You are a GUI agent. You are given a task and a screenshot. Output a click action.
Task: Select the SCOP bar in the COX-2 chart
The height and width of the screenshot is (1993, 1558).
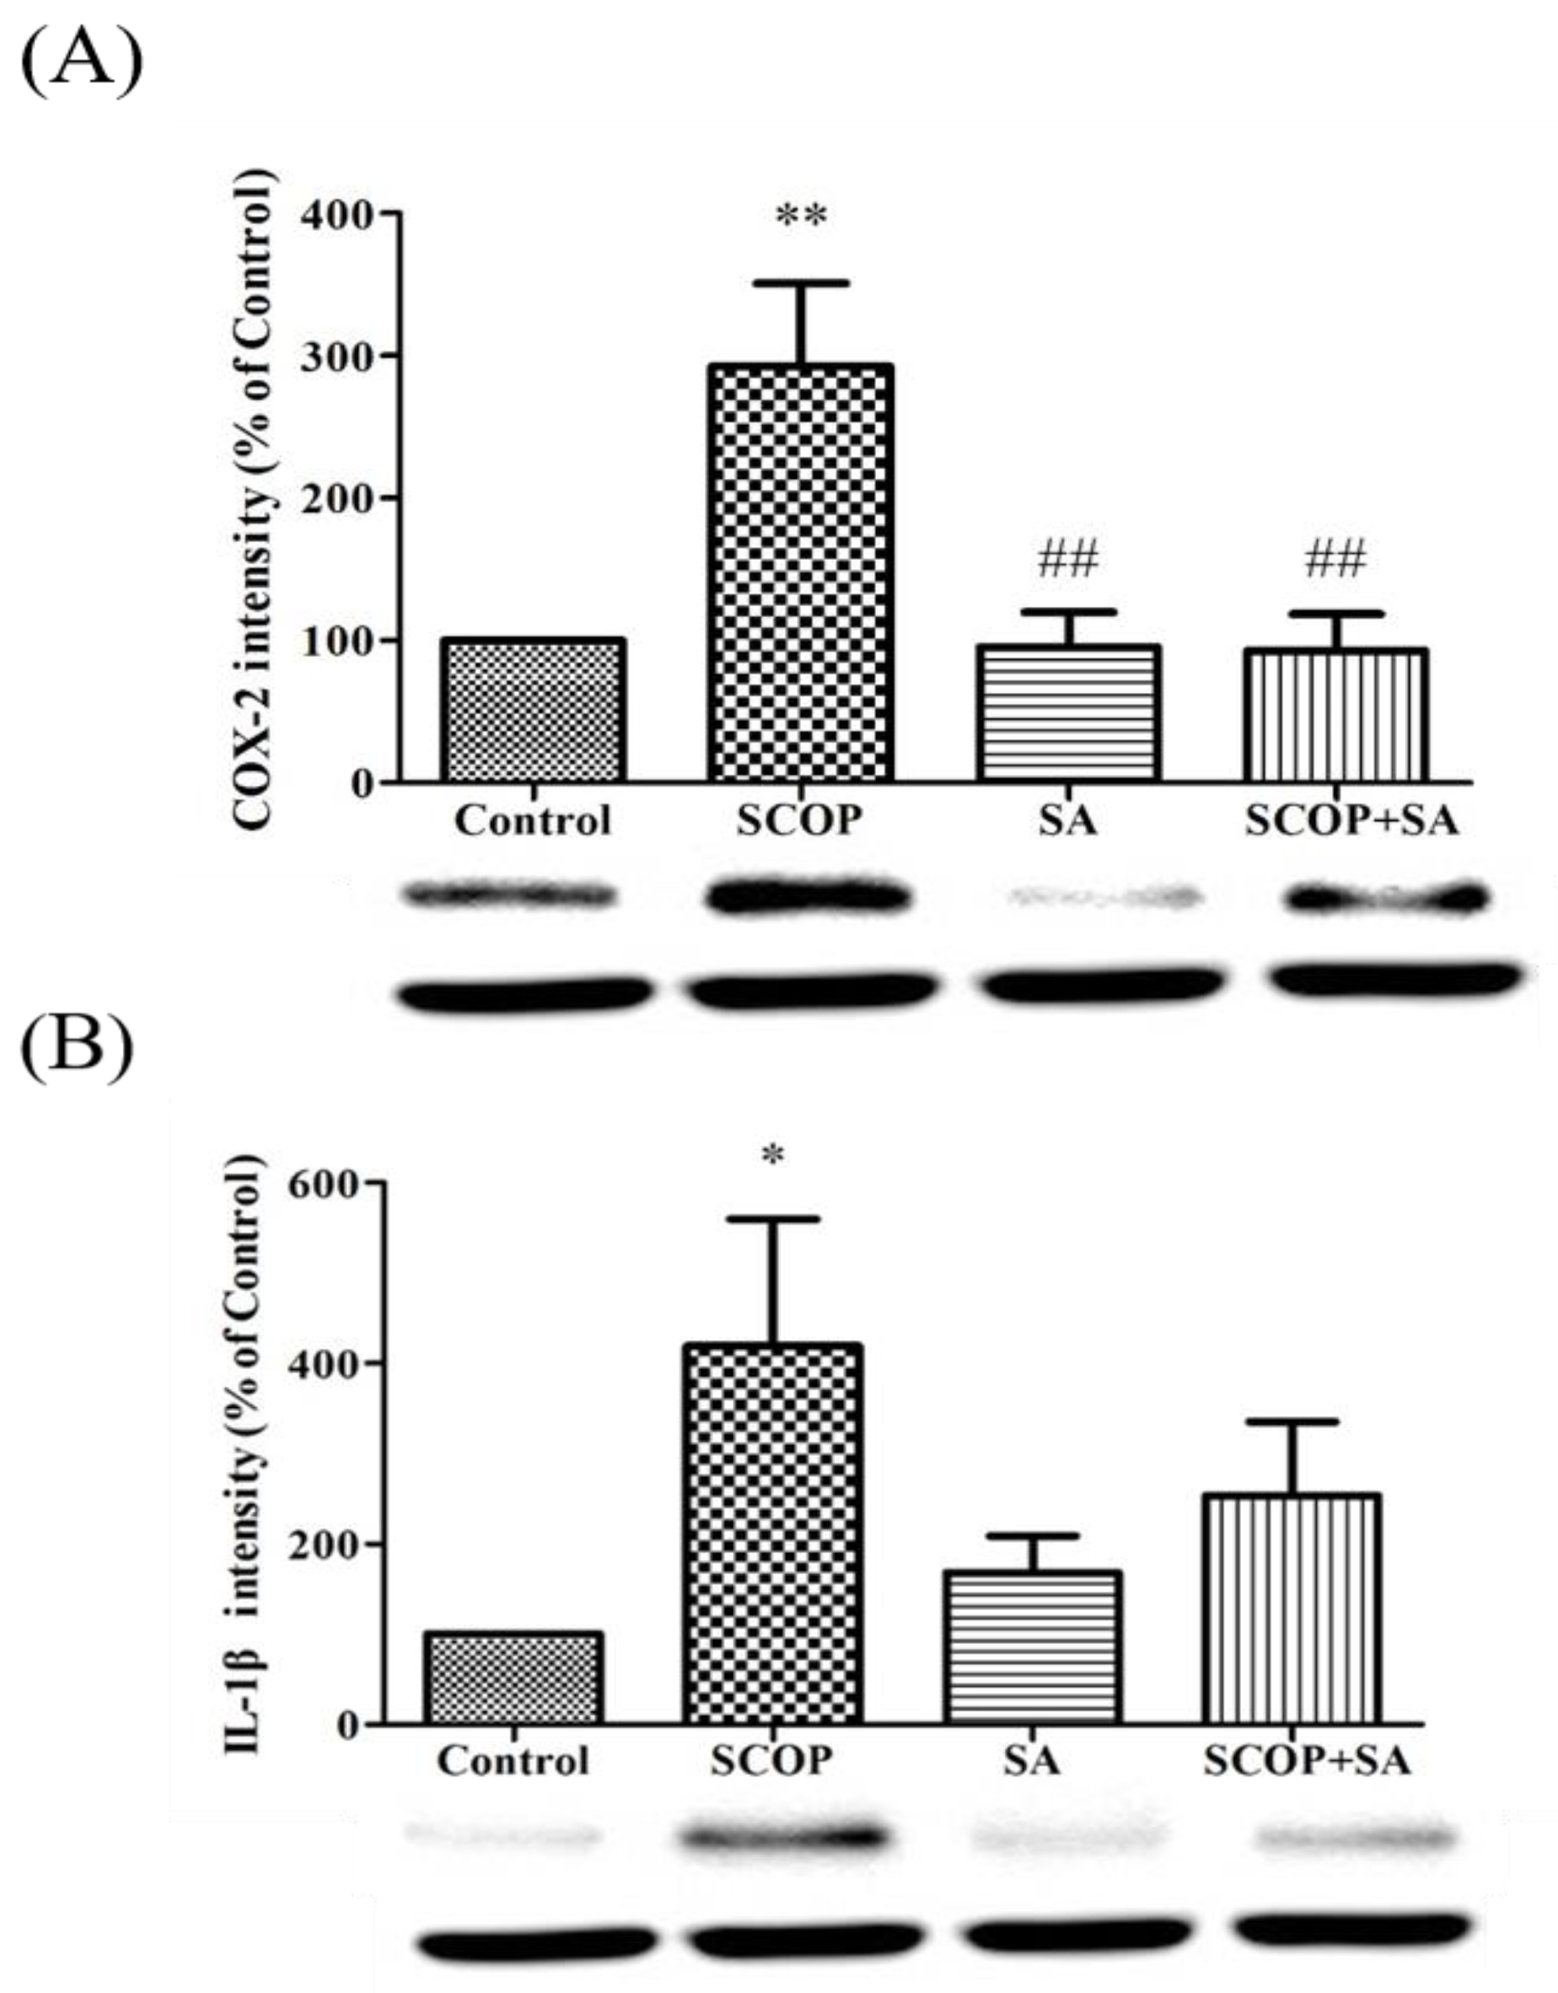pyautogui.click(x=800, y=572)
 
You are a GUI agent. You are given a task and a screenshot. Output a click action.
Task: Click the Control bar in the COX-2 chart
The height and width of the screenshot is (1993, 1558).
pyautogui.click(x=533, y=710)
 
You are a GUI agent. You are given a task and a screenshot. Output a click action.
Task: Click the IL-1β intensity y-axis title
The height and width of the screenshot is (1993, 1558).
pyautogui.click(x=244, y=1454)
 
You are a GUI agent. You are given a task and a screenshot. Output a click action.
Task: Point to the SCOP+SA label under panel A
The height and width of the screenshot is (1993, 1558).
pyautogui.click(x=1351, y=821)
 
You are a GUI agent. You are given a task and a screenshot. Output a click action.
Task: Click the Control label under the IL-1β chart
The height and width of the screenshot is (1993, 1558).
pyautogui.click(x=513, y=1760)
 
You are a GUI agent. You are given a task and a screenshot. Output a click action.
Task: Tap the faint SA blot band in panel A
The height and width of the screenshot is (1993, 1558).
pyautogui.click(x=1102, y=899)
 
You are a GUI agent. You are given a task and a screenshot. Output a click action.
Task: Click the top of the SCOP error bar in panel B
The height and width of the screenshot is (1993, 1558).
pyautogui.click(x=773, y=1220)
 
